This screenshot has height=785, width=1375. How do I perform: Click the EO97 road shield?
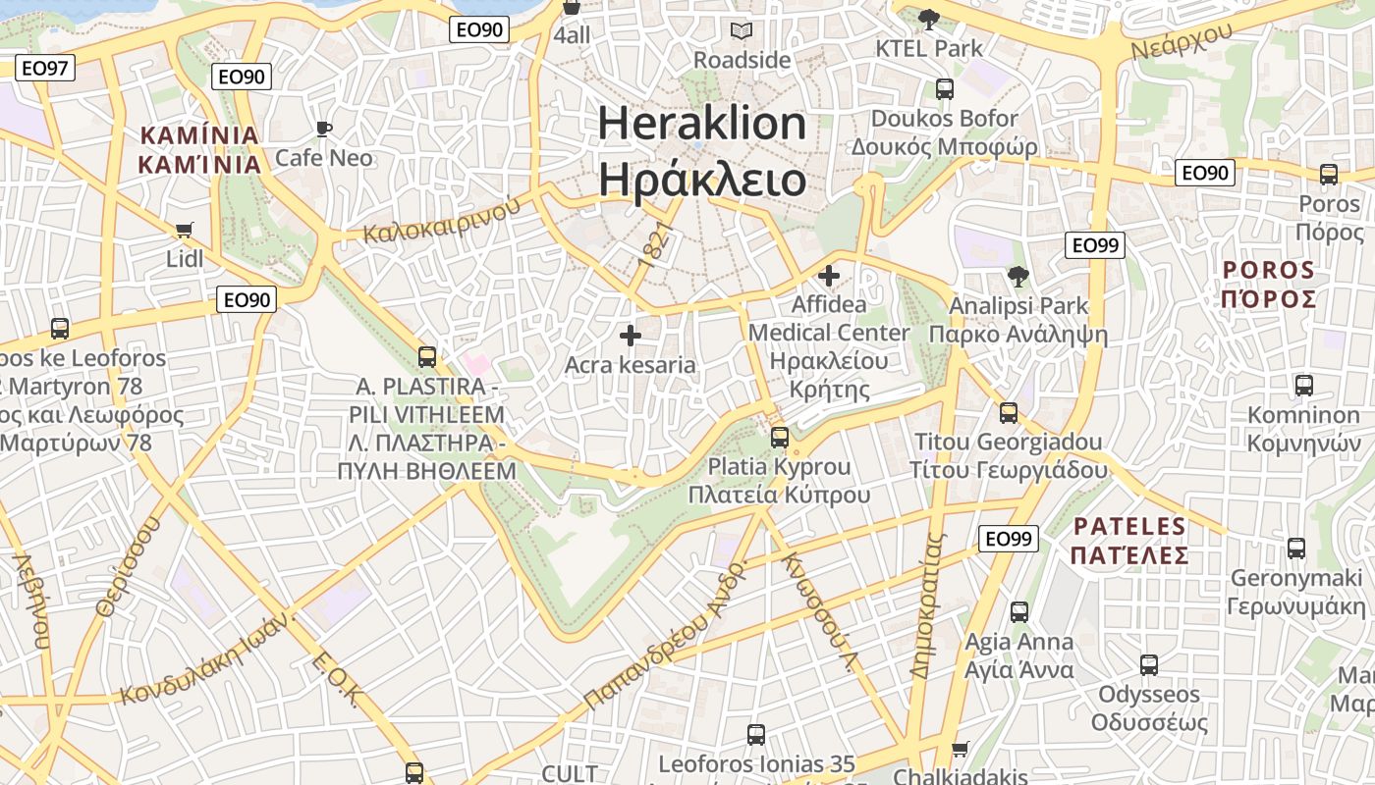click(45, 68)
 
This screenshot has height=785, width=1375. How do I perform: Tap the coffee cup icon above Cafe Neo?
click(323, 129)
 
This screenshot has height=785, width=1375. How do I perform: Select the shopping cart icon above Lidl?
click(184, 230)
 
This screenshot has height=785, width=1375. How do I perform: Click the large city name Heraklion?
click(701, 124)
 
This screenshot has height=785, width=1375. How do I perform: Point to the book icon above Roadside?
click(742, 30)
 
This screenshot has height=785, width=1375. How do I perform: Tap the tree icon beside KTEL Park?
click(927, 18)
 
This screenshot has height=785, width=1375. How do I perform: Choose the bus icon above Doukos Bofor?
click(944, 89)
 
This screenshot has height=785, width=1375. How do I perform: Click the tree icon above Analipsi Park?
click(1018, 277)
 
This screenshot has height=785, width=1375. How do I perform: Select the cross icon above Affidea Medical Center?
click(829, 276)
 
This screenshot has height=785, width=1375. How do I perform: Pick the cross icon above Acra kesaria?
click(630, 337)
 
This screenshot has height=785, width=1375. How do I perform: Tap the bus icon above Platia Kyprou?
click(779, 437)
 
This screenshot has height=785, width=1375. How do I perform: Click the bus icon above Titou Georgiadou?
click(1009, 413)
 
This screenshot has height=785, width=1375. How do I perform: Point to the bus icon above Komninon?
click(1303, 386)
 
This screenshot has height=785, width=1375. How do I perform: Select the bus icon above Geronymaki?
click(1296, 549)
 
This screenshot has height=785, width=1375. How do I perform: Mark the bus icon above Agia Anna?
click(1019, 612)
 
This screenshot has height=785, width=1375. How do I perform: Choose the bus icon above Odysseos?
click(1149, 665)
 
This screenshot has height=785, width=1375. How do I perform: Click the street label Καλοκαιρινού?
click(441, 221)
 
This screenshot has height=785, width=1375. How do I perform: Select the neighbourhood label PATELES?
click(1129, 526)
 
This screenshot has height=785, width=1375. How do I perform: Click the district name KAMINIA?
click(200, 135)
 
